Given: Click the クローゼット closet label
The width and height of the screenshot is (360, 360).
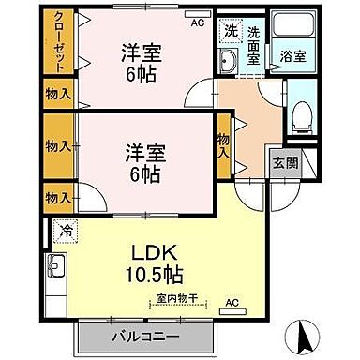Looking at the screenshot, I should pyautogui.click(x=58, y=44).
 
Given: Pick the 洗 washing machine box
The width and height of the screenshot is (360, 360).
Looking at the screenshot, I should pyautogui.click(x=231, y=30).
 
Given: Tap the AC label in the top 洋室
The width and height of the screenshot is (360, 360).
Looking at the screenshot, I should pyautogui.click(x=198, y=23).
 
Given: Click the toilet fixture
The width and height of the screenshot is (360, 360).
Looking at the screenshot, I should pyautogui.click(x=300, y=117).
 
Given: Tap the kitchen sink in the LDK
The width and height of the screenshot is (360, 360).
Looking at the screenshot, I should pyautogui.click(x=56, y=267).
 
